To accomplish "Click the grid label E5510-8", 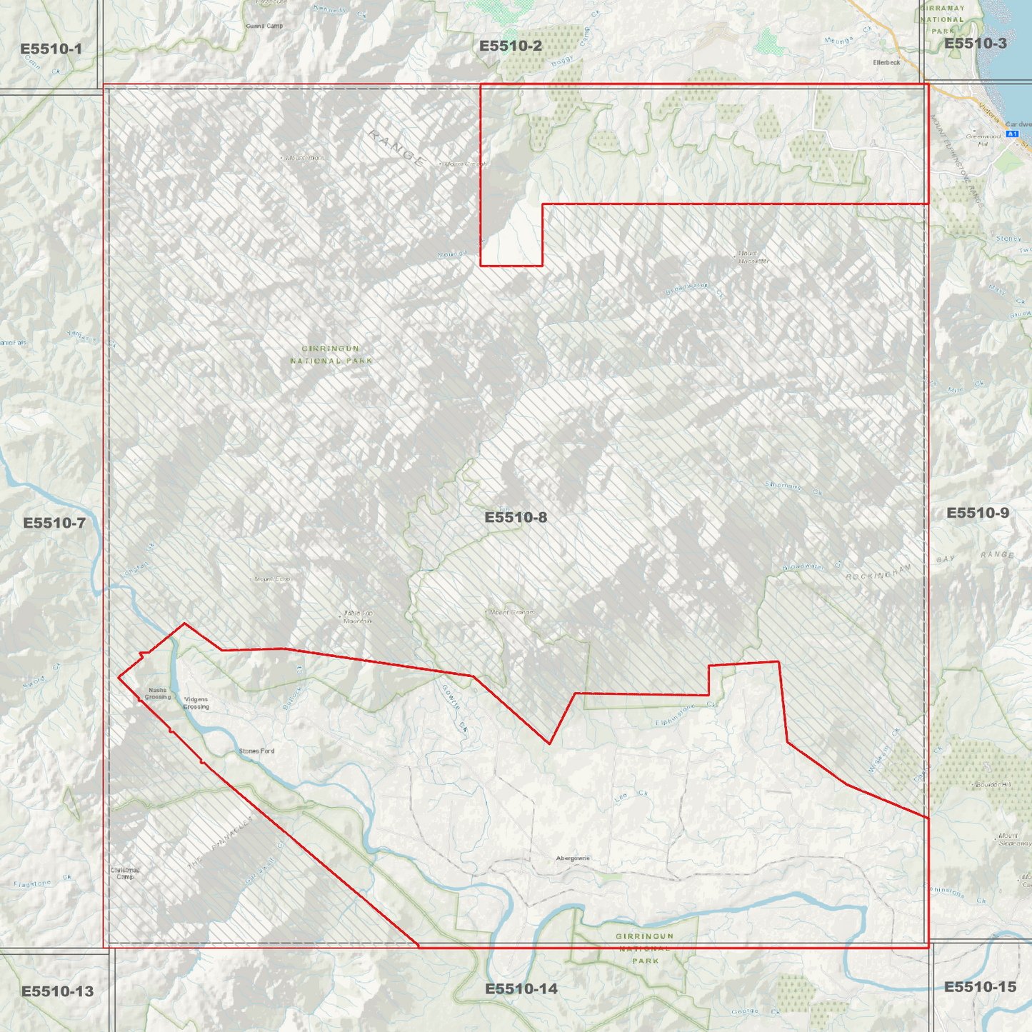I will click(516, 517).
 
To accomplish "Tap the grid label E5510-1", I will click(51, 49).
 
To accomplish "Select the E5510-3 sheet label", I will click(975, 43).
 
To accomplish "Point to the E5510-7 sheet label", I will click(54, 523).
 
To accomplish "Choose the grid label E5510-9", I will click(977, 513).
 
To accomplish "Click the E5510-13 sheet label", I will click(57, 991).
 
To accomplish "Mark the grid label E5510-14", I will click(521, 988).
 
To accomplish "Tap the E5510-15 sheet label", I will click(979, 986).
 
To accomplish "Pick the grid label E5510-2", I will click(510, 46).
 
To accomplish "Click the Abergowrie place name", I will click(573, 858).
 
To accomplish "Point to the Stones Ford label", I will click(256, 751).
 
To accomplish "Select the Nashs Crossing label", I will click(158, 693).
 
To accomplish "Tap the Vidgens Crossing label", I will click(196, 703).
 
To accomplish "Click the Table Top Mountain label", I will click(358, 616).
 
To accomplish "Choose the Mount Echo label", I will click(272, 579).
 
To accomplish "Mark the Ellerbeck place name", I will click(886, 62).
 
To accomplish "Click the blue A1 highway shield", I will click(1011, 134).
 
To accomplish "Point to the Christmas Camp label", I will click(125, 873).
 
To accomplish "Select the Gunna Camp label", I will click(264, 26).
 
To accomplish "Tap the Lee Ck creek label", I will click(631, 796).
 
